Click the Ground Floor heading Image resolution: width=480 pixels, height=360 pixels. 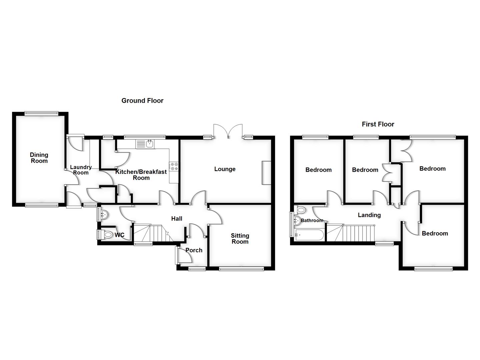point(142,101)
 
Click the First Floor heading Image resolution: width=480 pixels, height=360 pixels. point(378,124)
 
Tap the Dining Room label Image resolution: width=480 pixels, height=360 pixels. point(39,158)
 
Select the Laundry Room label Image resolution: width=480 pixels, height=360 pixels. point(81,170)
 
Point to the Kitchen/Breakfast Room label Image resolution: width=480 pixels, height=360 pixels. point(141,175)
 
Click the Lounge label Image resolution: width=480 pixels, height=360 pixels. point(225,169)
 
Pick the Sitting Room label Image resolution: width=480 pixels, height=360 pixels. point(240,239)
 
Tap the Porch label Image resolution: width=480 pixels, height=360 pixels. point(194,250)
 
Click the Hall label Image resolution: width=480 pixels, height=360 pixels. point(177,219)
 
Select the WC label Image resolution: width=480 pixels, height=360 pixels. point(119,235)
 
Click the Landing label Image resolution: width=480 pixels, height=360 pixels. point(369,215)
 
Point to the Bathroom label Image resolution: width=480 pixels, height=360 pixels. point(312,221)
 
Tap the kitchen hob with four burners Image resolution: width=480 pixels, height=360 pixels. point(174,166)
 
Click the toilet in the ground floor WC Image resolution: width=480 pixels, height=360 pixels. point(108,235)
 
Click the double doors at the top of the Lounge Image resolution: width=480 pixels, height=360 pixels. point(228,131)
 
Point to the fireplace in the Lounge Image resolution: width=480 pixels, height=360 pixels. point(266,173)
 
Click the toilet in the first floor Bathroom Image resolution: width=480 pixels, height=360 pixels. point(300,210)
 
